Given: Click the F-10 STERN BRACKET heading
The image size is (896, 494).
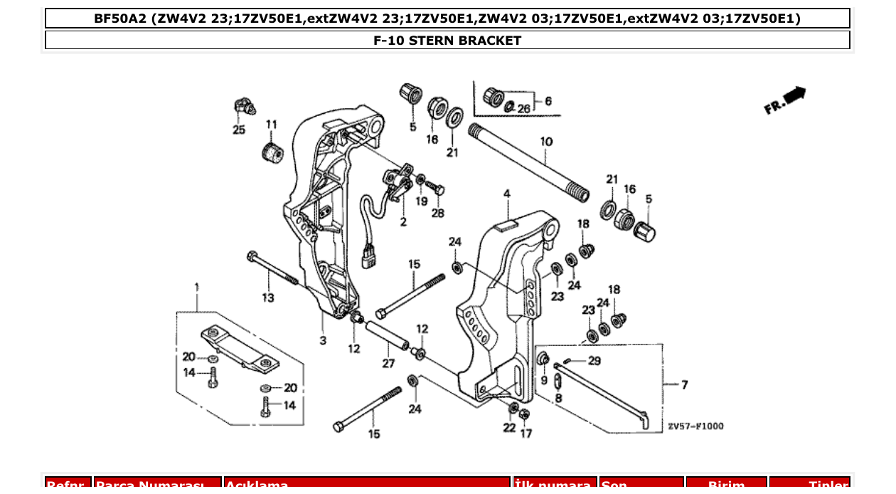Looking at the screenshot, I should tap(447, 41).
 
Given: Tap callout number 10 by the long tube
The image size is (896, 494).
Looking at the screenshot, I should tap(545, 142).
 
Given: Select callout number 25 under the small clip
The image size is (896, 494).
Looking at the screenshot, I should tap(238, 130).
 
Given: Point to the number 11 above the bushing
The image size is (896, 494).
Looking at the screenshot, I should tap(271, 125).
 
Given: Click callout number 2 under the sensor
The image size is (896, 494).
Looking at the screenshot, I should tap(403, 222).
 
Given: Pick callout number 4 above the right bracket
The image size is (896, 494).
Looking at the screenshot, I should tap(507, 194).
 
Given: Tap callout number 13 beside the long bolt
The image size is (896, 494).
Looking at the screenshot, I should tap(267, 298).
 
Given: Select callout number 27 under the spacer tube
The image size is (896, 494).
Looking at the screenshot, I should tap(388, 364).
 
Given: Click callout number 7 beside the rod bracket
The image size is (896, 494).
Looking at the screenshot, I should tap(684, 385).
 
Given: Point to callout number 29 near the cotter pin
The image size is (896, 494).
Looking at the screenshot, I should tap(594, 361).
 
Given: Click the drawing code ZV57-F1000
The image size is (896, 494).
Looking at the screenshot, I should tap(695, 426).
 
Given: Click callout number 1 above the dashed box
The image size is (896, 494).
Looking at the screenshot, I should tap(197, 288).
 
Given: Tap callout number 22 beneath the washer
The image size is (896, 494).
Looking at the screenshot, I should tap(509, 427).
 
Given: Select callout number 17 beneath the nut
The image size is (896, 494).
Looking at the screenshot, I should tap(526, 433).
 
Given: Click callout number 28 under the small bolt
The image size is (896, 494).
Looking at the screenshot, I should tap(437, 213).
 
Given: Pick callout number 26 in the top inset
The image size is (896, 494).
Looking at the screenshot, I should tap(523, 109).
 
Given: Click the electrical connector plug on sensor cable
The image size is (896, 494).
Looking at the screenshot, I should tap(368, 256).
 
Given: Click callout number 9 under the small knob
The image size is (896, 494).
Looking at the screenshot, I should tap(545, 380).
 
